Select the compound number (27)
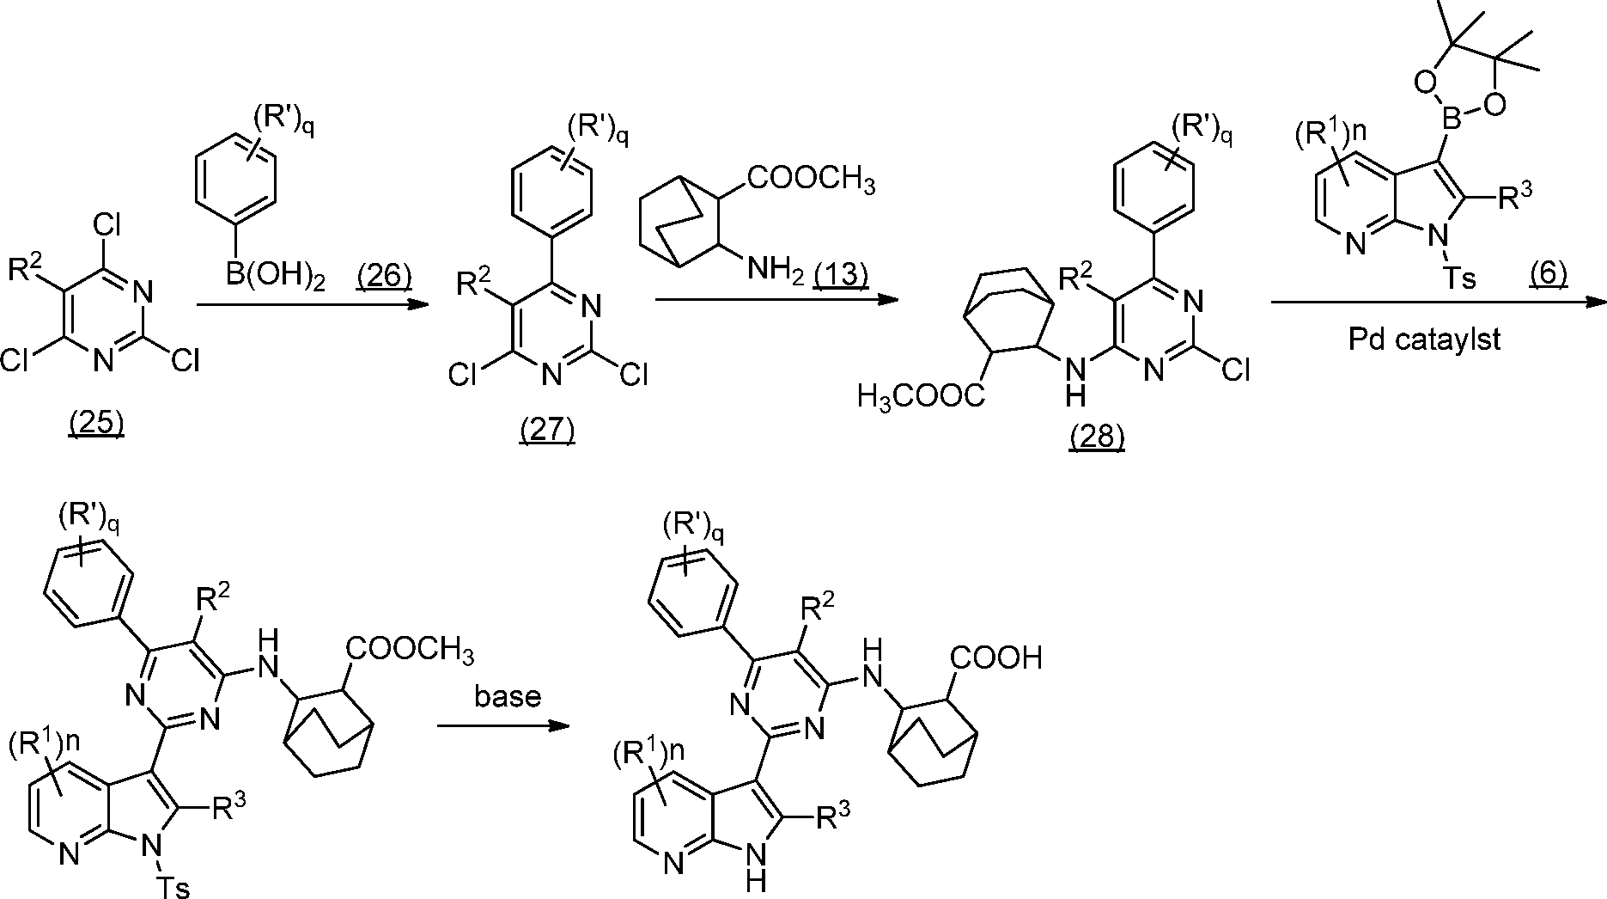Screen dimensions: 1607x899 (x=546, y=429)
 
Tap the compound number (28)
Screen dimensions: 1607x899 (x=1097, y=437)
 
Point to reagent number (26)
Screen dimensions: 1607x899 (x=384, y=277)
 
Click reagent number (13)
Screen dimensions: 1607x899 (x=841, y=277)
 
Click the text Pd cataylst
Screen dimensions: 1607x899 (x=1423, y=339)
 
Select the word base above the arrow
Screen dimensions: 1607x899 (x=508, y=695)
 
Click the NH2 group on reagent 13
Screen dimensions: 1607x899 (x=774, y=269)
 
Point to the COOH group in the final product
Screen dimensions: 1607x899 (x=995, y=658)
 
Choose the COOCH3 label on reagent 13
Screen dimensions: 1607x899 (x=812, y=181)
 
